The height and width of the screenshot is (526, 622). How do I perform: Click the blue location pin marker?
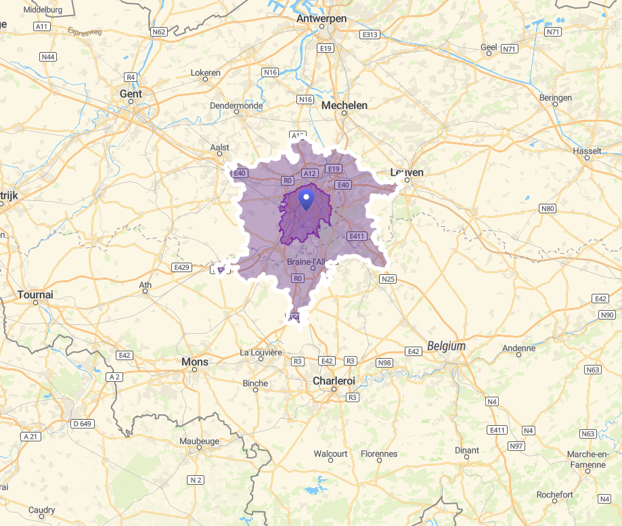306,200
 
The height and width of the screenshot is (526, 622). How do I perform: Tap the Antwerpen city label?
321,18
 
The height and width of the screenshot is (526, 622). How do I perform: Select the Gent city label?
131,93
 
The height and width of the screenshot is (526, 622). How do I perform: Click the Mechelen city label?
345,105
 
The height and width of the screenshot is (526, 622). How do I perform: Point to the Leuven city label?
407,172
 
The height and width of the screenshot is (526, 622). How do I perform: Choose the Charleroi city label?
334,381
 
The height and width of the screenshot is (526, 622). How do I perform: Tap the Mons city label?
195,362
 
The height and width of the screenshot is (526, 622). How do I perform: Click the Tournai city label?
35,294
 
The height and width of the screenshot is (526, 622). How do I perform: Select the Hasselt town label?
587,150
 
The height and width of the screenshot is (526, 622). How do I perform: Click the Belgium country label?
446,346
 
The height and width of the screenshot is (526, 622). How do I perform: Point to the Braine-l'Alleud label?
312,262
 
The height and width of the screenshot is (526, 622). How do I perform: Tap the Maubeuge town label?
200,441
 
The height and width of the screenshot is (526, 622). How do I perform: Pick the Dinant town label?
467,450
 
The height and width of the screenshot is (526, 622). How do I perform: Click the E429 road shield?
181,267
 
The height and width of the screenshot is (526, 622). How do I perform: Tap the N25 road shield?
388,278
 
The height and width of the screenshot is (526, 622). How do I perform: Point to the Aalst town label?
220,147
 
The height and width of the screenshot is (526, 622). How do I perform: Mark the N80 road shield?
548,209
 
